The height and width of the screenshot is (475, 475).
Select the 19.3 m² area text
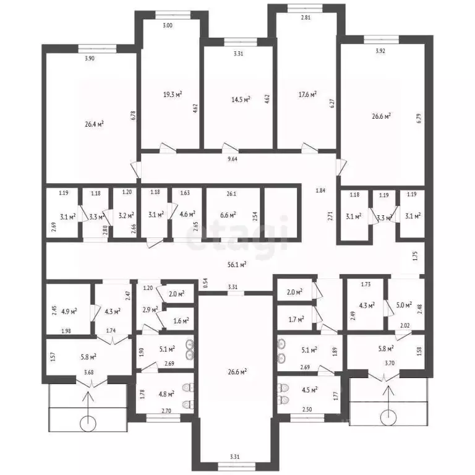(172, 95)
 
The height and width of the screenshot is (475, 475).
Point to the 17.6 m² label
(307, 95)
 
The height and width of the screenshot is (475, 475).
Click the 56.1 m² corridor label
(237, 264)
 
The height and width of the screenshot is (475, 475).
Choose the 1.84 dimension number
(320, 190)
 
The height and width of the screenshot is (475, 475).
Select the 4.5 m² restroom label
(309, 390)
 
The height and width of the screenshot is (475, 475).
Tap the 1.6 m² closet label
(181, 320)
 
